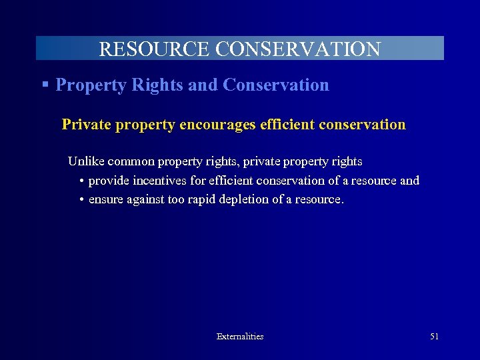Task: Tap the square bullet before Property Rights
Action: [45, 85]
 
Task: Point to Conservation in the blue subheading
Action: [276, 85]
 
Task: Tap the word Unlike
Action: [86, 161]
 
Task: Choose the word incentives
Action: [159, 181]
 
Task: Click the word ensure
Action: [105, 199]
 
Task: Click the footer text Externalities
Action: [240, 337]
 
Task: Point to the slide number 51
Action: [434, 337]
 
